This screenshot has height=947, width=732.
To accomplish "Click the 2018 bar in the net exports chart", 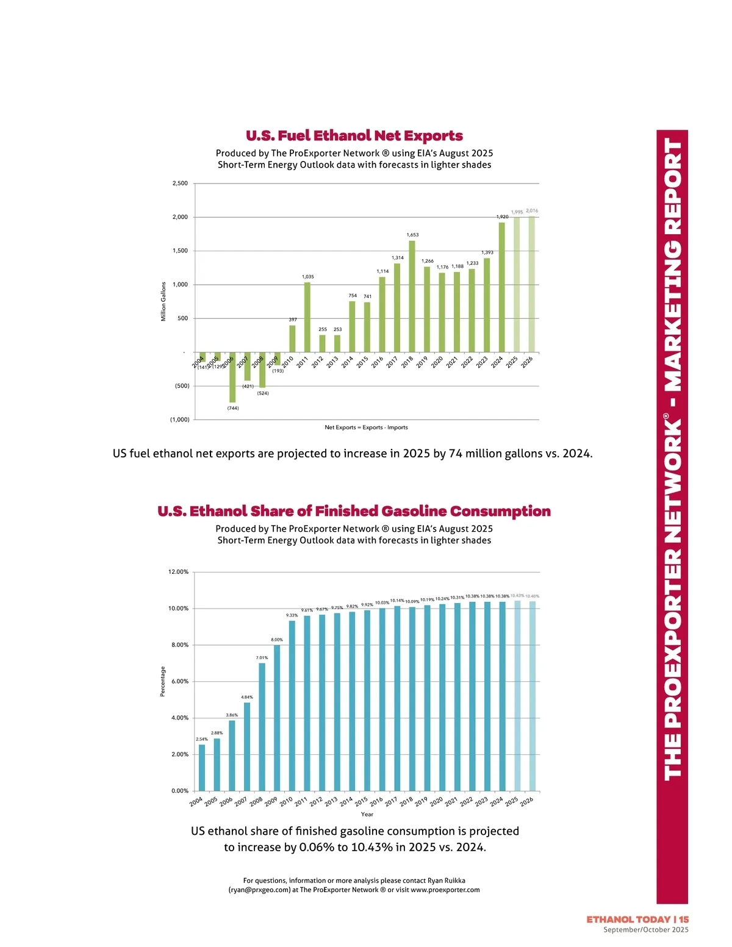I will (x=412, y=296).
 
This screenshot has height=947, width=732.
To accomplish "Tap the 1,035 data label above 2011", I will (x=308, y=277).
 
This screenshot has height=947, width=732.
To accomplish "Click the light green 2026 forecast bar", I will (x=531, y=284).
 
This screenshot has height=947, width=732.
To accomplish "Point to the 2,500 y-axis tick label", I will (x=180, y=184).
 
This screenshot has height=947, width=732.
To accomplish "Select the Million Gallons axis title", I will (x=163, y=301).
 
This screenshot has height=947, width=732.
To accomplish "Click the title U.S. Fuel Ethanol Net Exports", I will (x=354, y=135).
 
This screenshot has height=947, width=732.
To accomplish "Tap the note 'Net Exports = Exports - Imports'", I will (x=366, y=427).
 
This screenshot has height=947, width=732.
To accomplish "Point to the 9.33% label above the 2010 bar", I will (x=292, y=615).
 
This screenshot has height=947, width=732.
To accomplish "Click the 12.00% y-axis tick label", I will (x=178, y=572).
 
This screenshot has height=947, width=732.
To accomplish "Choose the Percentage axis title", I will (x=163, y=681).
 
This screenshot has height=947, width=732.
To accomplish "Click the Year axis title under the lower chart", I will (x=367, y=814).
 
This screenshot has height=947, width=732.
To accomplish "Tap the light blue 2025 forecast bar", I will (x=517, y=696).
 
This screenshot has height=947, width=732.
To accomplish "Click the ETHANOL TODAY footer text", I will (x=629, y=919).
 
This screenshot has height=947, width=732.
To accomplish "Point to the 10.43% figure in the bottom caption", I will (x=372, y=847).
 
